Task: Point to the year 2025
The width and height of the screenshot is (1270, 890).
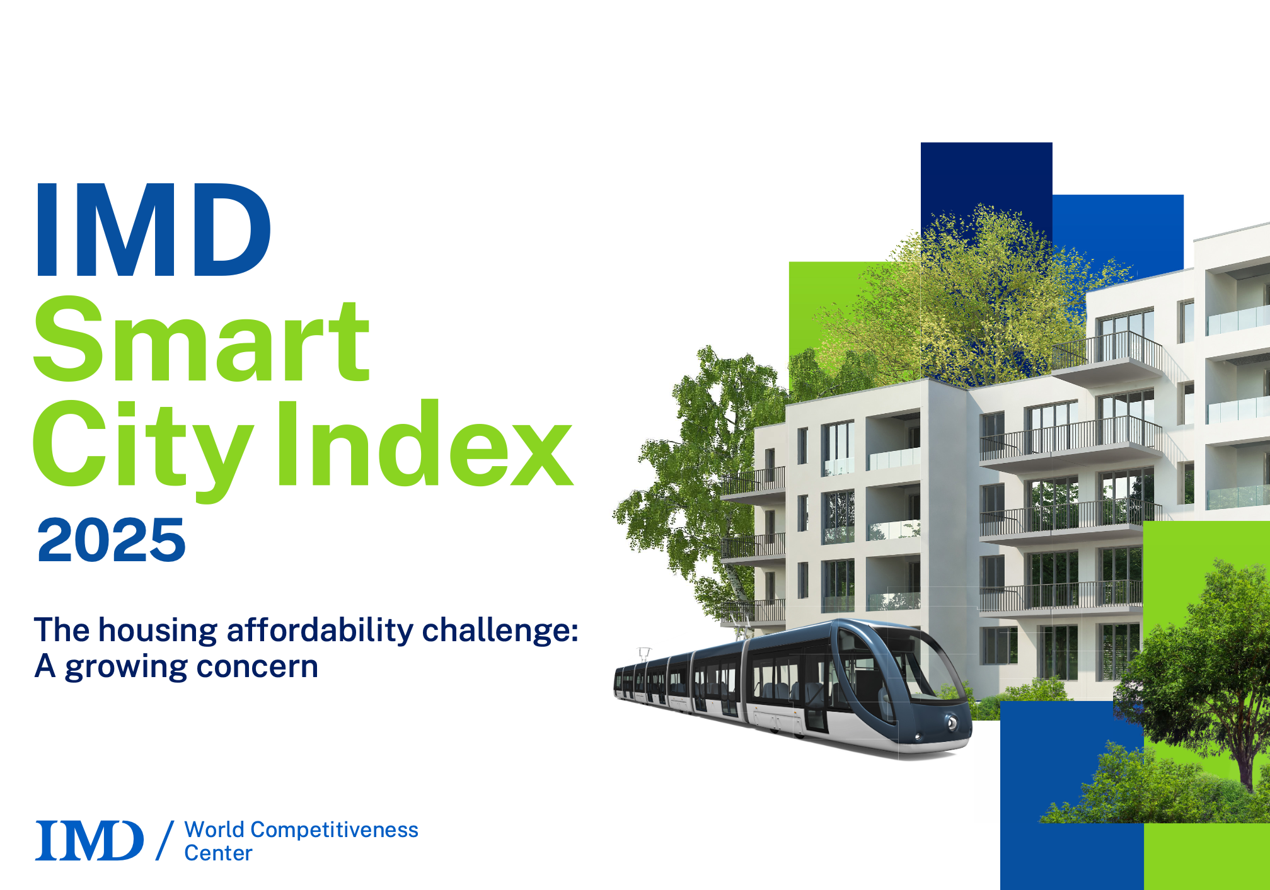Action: click(112, 540)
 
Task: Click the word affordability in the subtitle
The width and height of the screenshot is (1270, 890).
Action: click(320, 631)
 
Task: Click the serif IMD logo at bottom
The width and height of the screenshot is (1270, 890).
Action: click(89, 840)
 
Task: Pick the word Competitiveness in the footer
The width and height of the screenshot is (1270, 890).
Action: click(334, 831)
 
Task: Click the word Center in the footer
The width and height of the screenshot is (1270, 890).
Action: click(218, 853)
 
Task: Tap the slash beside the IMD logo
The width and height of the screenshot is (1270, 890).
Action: click(165, 840)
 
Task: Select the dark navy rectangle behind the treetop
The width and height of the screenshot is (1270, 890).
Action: click(986, 189)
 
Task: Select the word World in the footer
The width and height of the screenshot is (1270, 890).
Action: click(214, 830)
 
